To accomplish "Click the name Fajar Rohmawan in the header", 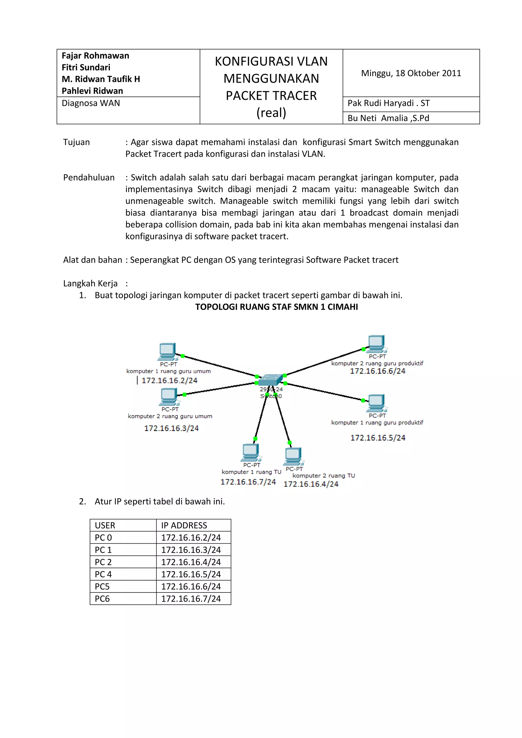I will click(x=95, y=56).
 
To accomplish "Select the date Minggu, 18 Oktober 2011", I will click(x=411, y=73).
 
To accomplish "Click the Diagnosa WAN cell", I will click(x=91, y=103).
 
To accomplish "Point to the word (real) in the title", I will click(x=271, y=113).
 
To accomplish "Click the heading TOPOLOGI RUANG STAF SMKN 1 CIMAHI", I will click(x=277, y=307).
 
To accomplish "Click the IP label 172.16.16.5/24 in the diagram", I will click(x=378, y=438).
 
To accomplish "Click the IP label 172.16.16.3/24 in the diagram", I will click(x=171, y=428).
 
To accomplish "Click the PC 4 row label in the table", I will click(x=103, y=574).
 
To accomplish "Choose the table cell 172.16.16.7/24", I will click(x=191, y=599).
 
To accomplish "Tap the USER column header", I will click(x=105, y=525).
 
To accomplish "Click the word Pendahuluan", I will click(x=89, y=178).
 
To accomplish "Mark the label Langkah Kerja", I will click(x=90, y=283).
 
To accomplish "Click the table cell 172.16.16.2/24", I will click(x=191, y=538).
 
